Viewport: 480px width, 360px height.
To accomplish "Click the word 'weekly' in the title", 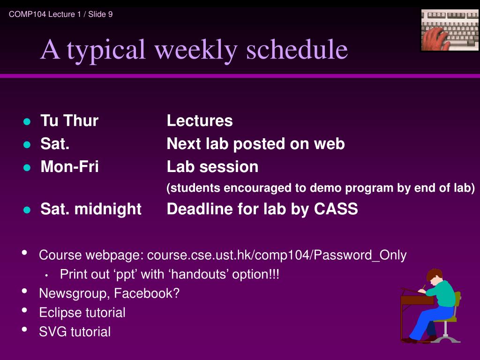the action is [196, 50].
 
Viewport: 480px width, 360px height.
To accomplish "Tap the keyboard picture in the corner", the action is [450, 30].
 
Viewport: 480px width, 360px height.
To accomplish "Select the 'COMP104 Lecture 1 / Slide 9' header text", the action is [60, 15].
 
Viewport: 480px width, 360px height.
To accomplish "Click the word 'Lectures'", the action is [200, 120].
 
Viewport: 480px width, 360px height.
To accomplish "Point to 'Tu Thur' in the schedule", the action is [69, 120].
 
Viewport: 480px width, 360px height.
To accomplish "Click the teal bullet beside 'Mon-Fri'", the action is [27, 167].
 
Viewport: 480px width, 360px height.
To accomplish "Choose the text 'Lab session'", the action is [212, 167].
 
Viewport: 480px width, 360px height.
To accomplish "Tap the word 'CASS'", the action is [336, 209].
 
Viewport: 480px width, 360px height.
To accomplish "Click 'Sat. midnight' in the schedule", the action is [91, 210].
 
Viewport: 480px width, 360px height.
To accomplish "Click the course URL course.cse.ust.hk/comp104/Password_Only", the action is [277, 255].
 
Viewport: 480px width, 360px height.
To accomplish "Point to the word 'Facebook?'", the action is [147, 293].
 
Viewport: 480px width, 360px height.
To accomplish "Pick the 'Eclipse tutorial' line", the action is [82, 313].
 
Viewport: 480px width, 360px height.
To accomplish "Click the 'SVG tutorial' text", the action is [75, 332].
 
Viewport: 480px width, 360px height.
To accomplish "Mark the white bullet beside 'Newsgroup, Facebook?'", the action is [24, 291].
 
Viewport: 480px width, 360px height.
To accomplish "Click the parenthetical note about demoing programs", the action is [321, 188].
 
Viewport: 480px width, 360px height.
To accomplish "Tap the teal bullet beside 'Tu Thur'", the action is [27, 121].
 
